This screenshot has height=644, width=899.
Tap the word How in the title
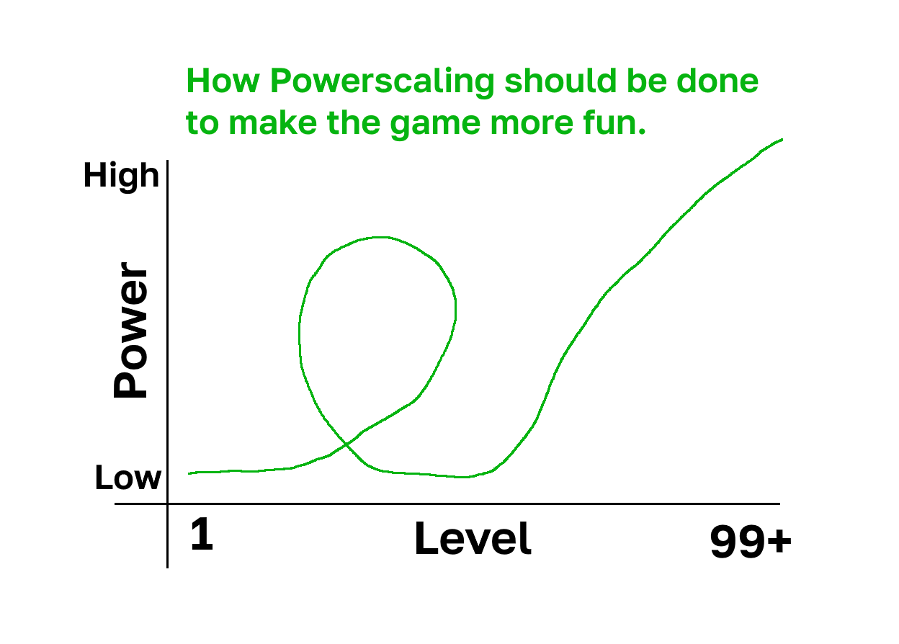click(x=223, y=81)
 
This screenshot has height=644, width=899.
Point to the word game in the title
click(x=435, y=125)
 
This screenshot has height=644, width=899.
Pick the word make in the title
click(x=273, y=122)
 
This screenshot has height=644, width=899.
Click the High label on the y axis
click(x=121, y=176)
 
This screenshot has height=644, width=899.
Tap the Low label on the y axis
click(x=128, y=477)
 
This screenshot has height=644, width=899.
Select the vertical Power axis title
click(x=130, y=330)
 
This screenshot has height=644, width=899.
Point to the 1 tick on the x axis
click(x=202, y=534)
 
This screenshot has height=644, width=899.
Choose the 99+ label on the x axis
click(x=751, y=542)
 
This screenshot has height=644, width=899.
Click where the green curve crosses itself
click(x=346, y=444)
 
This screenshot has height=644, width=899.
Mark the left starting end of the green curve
click(x=189, y=473)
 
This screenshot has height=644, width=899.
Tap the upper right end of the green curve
click(x=782, y=140)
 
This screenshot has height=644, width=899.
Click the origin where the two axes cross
click(x=167, y=504)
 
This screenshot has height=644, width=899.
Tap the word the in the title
click(x=354, y=122)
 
